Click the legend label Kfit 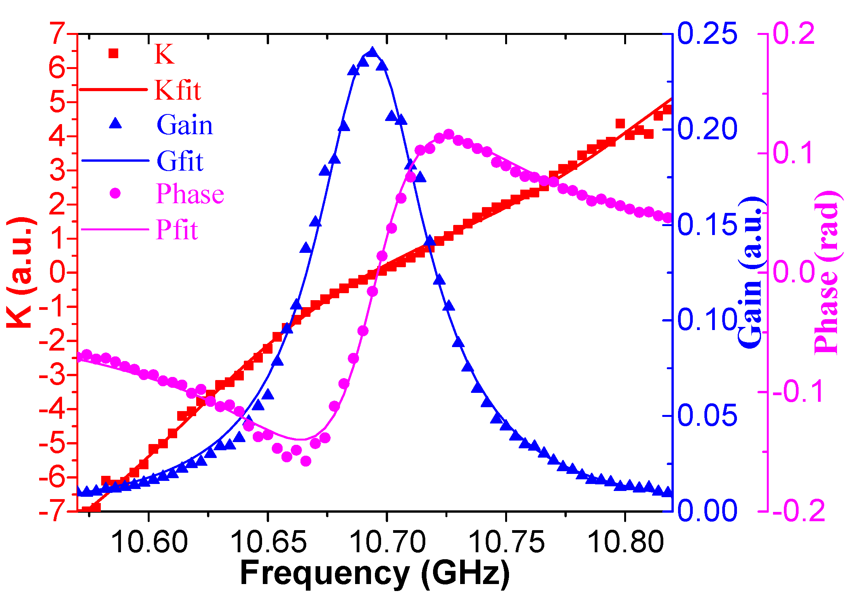coord(178,90)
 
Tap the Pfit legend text coord(177,230)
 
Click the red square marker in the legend coord(113,53)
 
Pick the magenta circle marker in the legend coord(115,193)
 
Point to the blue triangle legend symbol coord(115,124)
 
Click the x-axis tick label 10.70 coord(387,542)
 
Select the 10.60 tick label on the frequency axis coord(149,542)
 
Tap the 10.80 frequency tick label coord(625,542)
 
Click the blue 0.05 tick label coord(707,416)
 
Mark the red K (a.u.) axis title coord(21,272)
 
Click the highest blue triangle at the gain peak coord(373,52)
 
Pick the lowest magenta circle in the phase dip coord(305,461)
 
